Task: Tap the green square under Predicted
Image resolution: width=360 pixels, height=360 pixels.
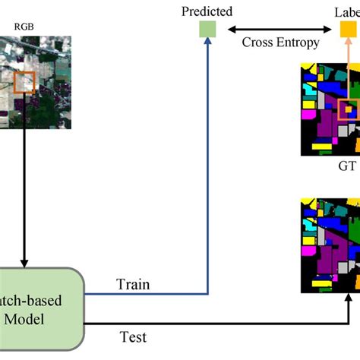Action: coord(208,30)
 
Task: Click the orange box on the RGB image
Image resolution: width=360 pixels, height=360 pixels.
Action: coord(24,81)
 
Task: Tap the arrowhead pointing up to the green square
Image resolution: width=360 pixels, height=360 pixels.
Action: coord(208,43)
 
